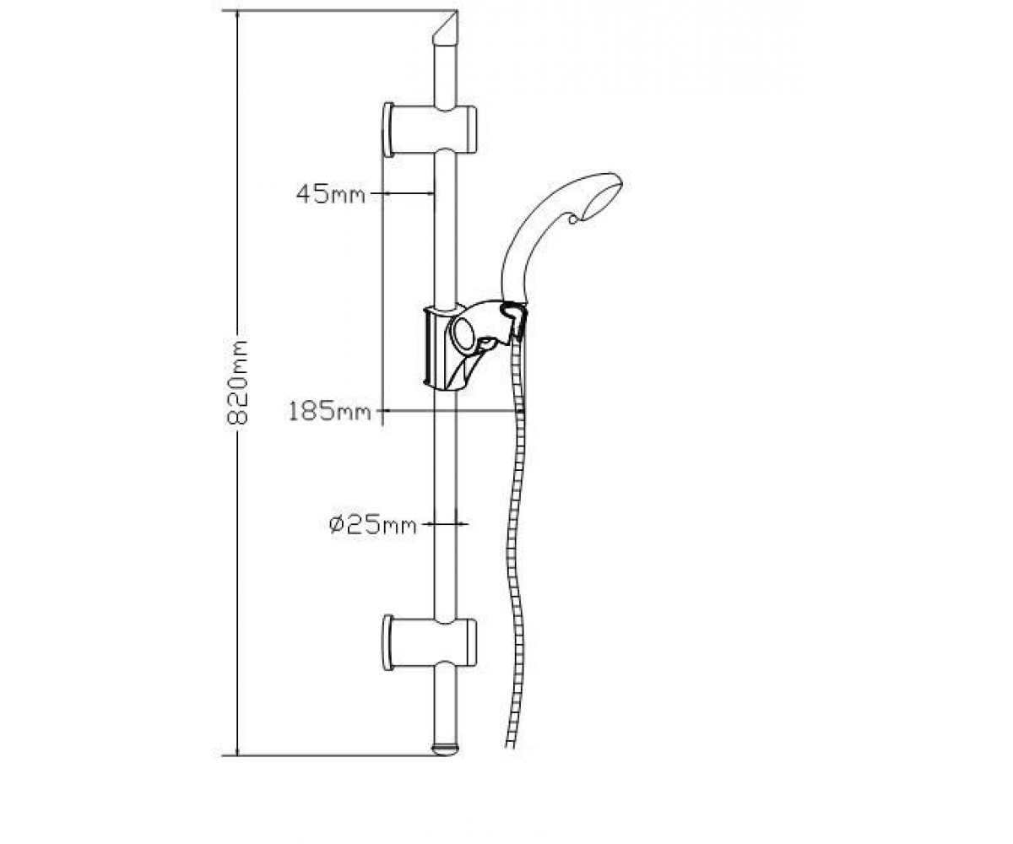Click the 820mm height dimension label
pos(238,383)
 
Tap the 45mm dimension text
pos(330,194)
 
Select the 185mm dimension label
pos(329,411)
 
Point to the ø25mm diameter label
pos(372,524)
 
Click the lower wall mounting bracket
pos(430,642)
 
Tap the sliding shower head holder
pos(473,345)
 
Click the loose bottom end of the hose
pos(509,743)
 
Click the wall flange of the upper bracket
pos(388,129)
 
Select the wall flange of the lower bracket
pos(388,642)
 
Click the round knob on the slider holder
pos(466,333)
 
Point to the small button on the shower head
pos(573,219)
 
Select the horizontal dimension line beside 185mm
pos(449,411)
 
